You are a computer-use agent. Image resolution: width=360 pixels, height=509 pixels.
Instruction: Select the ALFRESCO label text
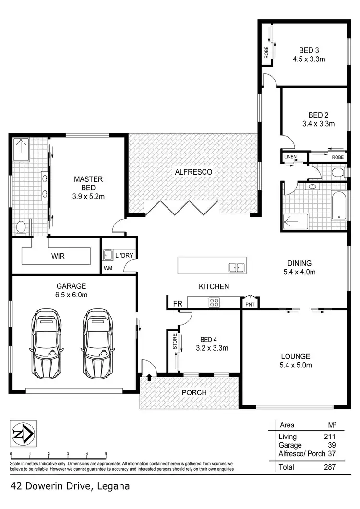(x=193, y=171)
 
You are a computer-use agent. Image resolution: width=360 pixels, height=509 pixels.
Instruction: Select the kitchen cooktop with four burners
(x=214, y=302)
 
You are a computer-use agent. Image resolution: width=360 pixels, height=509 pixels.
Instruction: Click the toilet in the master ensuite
(x=21, y=228)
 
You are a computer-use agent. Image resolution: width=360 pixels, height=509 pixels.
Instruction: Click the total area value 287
(x=329, y=466)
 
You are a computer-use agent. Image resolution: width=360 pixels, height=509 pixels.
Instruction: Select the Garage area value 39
(x=332, y=445)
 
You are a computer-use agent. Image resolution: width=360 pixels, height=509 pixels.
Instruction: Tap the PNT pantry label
(x=250, y=303)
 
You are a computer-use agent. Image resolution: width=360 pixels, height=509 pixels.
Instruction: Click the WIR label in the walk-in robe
(x=57, y=256)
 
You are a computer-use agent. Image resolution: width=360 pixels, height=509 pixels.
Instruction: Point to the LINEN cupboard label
(x=290, y=157)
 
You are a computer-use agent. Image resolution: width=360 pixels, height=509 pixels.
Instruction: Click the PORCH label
(x=194, y=392)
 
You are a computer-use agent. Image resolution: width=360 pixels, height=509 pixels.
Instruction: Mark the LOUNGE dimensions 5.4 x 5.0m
(x=296, y=366)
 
